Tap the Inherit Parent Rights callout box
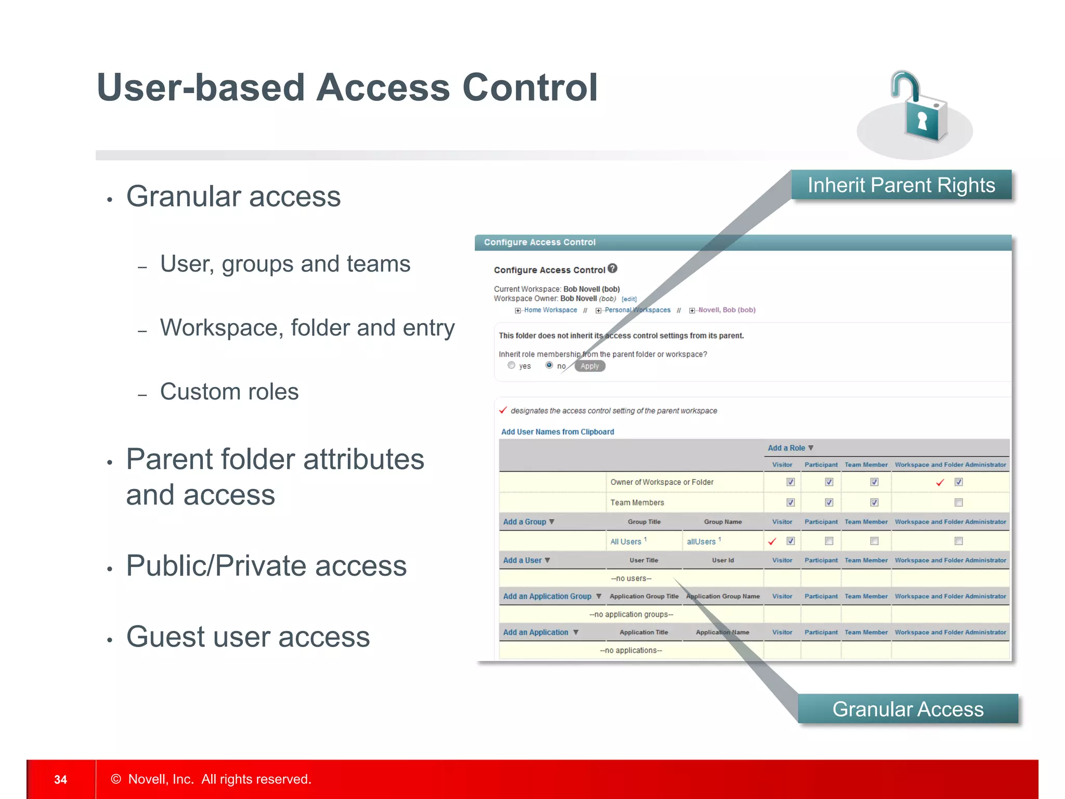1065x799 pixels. (x=901, y=185)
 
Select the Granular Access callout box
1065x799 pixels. (x=907, y=709)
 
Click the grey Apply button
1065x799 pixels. (x=590, y=366)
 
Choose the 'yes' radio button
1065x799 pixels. (x=511, y=366)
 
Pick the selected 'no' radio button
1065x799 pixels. (x=549, y=366)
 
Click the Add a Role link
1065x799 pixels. (x=786, y=448)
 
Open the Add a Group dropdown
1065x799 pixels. (x=528, y=522)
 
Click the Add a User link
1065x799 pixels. (x=526, y=560)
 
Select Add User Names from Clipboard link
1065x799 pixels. (x=557, y=432)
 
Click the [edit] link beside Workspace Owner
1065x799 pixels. (x=629, y=299)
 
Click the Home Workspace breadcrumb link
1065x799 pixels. (x=550, y=310)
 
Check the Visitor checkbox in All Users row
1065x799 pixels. (x=790, y=541)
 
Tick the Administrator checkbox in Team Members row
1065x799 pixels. (x=958, y=502)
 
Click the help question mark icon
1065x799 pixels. (x=613, y=268)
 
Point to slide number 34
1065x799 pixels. (x=60, y=779)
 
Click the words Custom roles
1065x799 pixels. (x=229, y=392)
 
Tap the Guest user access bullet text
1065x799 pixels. (x=248, y=637)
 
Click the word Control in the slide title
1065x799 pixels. (x=530, y=87)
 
